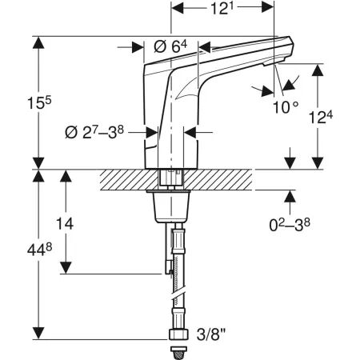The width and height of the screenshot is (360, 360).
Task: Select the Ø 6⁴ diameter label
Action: click(x=170, y=47)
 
